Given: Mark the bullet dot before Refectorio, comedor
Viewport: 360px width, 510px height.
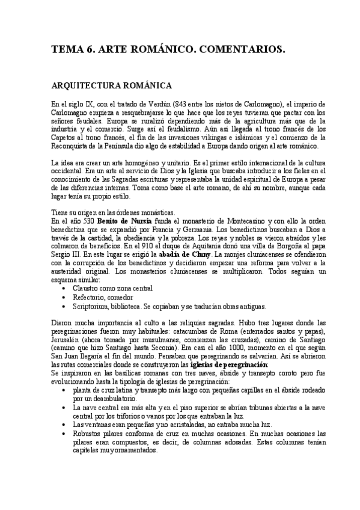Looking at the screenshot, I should [x=64, y=298].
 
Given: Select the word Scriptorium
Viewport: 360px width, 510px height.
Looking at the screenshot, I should [x=91, y=306].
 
